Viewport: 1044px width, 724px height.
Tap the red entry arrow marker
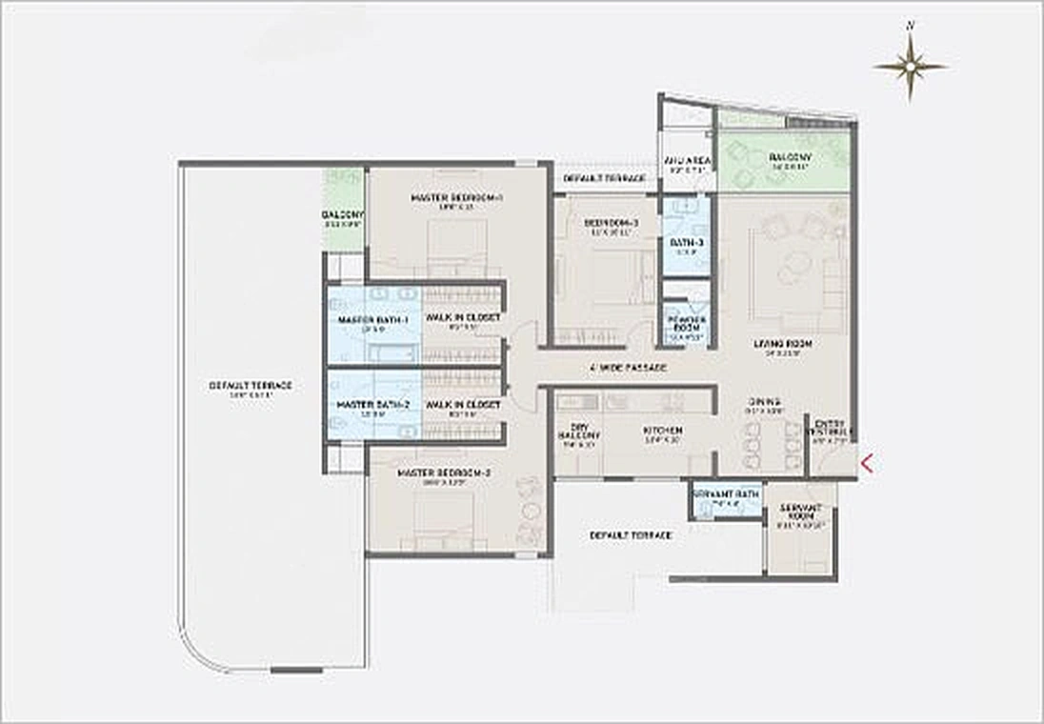pyautogui.click(x=867, y=464)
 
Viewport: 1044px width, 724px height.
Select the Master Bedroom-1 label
pyautogui.click(x=443, y=198)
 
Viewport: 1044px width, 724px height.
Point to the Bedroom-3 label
pyautogui.click(x=612, y=224)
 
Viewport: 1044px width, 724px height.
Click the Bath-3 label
pyautogui.click(x=686, y=244)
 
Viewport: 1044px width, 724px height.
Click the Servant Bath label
pyautogui.click(x=726, y=493)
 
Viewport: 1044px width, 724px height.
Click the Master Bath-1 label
pyautogui.click(x=372, y=320)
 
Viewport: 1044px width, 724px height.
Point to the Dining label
pyautogui.click(x=764, y=402)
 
